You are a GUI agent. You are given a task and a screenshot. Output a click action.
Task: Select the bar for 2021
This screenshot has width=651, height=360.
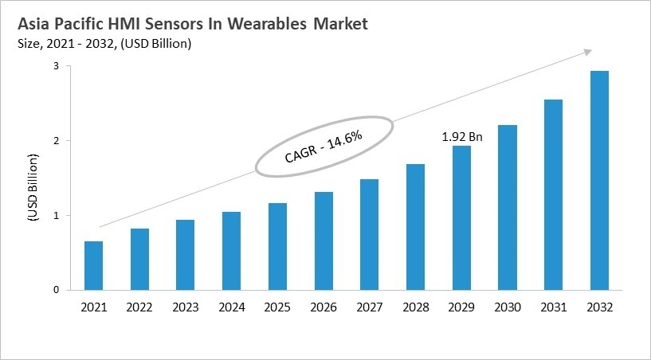[93, 265]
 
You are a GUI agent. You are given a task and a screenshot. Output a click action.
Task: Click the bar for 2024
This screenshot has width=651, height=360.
[231, 250]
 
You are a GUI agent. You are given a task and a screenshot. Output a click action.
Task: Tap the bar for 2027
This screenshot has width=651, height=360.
[369, 234]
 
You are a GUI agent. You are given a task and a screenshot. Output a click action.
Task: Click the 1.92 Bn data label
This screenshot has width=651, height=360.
[462, 137]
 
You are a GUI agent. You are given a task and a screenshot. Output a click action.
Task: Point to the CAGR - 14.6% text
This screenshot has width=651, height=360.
[324, 147]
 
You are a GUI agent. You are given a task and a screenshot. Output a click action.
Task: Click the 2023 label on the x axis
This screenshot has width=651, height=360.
[185, 307]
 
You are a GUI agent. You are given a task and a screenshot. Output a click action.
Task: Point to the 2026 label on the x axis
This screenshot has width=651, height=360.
[323, 307]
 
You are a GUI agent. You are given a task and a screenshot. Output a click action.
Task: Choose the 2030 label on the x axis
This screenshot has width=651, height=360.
[507, 307]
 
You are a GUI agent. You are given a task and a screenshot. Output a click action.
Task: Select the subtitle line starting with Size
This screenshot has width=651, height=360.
[104, 44]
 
